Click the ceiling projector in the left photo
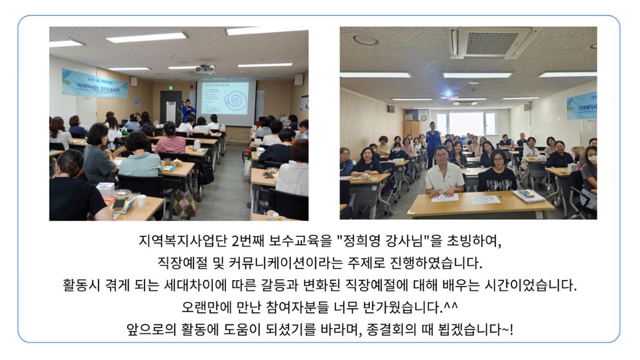205,68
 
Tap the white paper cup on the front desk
142,201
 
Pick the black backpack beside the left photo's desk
205,172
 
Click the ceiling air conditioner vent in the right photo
489,42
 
